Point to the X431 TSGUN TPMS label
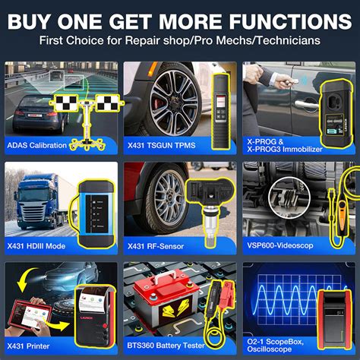coord(164,141)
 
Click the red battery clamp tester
coord(208,300)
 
